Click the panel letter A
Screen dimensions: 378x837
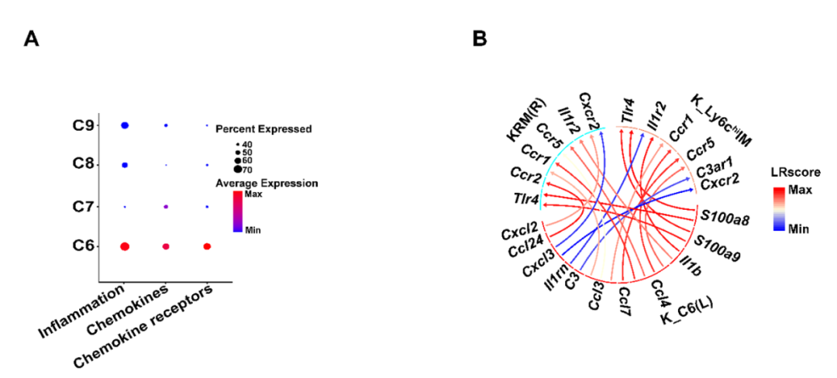[x=32, y=39]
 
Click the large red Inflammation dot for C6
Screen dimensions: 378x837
[x=124, y=246]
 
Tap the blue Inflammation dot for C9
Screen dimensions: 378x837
[x=124, y=125]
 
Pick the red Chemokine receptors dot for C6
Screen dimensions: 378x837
[x=207, y=246]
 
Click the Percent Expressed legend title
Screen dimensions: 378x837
[x=263, y=129]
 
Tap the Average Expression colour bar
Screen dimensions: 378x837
[x=238, y=211]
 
